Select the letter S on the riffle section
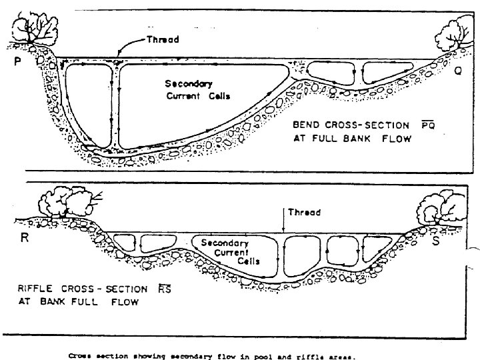coord(435,241)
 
